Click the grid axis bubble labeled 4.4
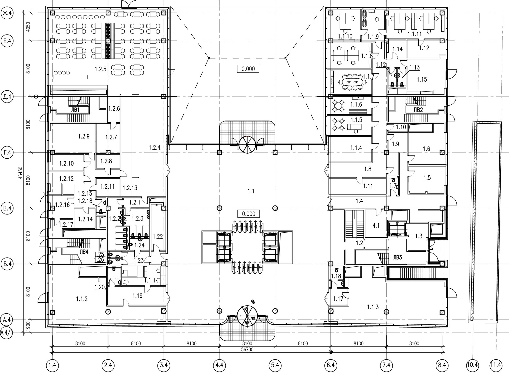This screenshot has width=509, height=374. coord(219,365)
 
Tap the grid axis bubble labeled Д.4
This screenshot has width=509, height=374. coord(7,97)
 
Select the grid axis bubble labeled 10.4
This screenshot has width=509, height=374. coord(472,365)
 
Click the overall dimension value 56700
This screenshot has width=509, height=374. coord(247,350)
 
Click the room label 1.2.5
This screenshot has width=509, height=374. coord(100,69)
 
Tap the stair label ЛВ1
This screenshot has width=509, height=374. coord(75,110)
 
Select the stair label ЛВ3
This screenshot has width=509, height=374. coord(397,257)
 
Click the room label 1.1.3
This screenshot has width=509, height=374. coord(373,307)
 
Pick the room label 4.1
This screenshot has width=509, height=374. coord(376,226)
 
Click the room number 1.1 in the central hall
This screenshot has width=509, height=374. coord(251,191)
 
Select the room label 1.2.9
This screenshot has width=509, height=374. coord(84,136)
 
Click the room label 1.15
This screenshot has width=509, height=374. coord(422,80)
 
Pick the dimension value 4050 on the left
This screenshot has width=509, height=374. coord(28,27)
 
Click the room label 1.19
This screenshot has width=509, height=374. coord(137,296)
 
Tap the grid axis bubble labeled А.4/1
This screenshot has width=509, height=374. coord(7,333)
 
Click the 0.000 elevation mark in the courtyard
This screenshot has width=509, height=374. coord(248,69)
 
